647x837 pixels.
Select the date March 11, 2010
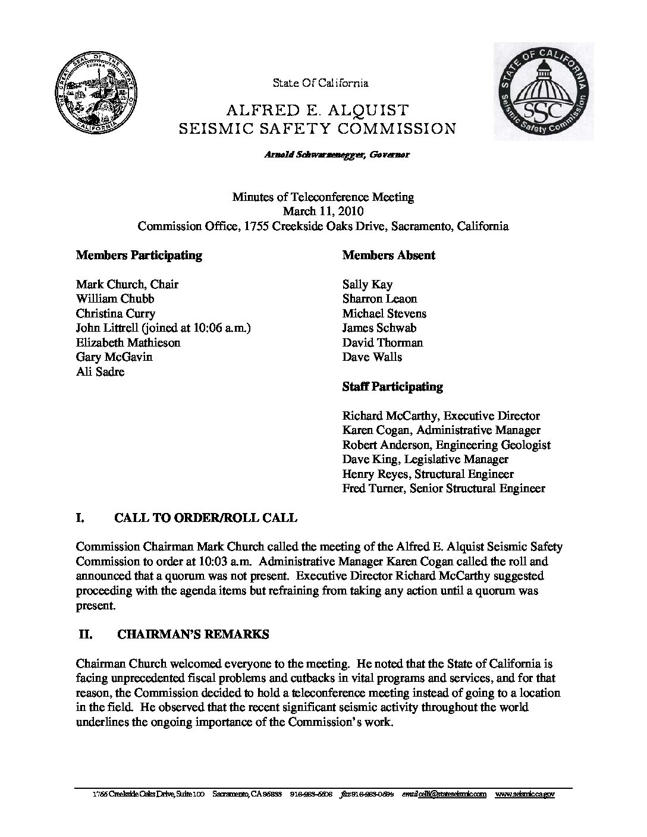(x=323, y=211)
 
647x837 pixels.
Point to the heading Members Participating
(x=139, y=256)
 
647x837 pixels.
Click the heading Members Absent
(x=389, y=256)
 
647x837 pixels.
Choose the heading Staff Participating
(x=392, y=387)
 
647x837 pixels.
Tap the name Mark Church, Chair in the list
(x=127, y=284)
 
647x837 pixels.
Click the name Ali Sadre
(x=100, y=372)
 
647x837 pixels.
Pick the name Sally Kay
(x=367, y=284)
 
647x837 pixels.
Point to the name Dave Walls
(x=372, y=357)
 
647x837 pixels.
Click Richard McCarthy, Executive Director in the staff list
(x=441, y=416)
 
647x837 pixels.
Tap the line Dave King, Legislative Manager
(x=425, y=460)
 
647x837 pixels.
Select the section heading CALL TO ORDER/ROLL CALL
(x=205, y=518)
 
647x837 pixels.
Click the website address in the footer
(x=524, y=794)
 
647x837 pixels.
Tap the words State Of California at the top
(x=321, y=83)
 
